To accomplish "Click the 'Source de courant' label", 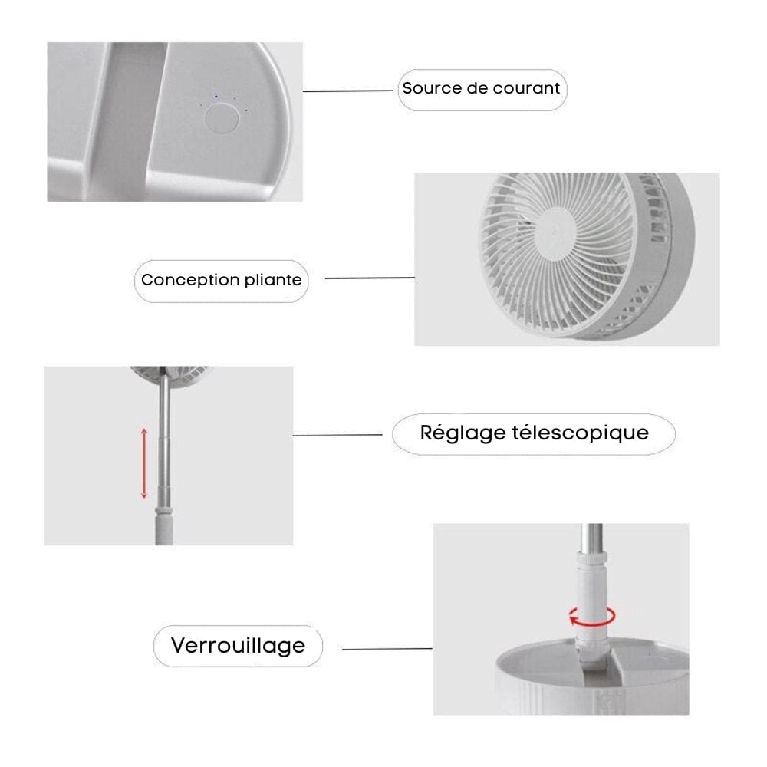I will [482, 88].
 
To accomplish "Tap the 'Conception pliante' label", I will [221, 280].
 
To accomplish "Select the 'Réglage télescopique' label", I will [534, 433].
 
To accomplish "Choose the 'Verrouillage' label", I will [238, 645].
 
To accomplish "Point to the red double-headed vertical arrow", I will [143, 463].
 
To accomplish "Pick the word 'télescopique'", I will [579, 433].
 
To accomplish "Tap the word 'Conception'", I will [190, 280].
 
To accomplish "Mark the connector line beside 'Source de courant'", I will [349, 91].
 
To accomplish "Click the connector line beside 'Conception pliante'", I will [370, 278].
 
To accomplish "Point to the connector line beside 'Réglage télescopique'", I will [337, 436].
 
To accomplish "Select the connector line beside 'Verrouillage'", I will [387, 649].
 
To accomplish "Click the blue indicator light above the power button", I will [216, 96].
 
